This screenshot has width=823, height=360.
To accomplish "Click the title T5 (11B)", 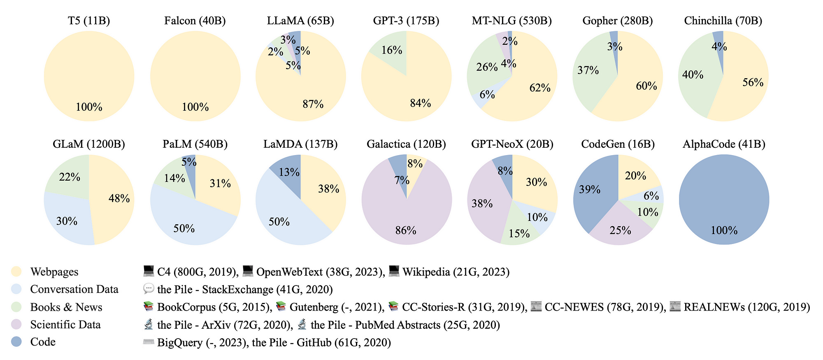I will pyautogui.click(x=89, y=21).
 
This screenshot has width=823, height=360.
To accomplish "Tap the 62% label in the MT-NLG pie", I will pyautogui.click(x=540, y=88).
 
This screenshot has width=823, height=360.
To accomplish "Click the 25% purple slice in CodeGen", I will pyautogui.click(x=620, y=230).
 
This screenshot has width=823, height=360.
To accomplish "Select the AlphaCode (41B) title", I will pyautogui.click(x=724, y=144).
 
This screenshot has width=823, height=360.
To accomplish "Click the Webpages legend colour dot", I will pyautogui.click(x=16, y=272).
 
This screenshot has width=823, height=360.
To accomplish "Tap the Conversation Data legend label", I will pyautogui.click(x=74, y=289).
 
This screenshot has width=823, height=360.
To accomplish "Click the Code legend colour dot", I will pyautogui.click(x=16, y=342).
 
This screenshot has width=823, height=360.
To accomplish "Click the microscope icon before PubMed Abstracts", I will pyautogui.click(x=302, y=325).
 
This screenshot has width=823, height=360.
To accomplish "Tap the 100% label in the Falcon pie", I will pyautogui.click(x=195, y=107).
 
